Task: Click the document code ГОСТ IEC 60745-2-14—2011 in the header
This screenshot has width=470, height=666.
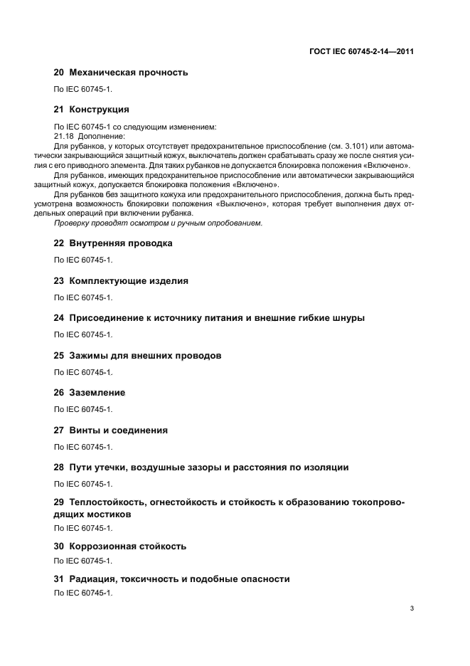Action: tap(362, 52)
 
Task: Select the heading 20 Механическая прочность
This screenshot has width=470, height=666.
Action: tap(121, 72)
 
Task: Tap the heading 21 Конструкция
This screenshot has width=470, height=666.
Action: tap(92, 110)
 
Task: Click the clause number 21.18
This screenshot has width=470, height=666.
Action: tap(65, 136)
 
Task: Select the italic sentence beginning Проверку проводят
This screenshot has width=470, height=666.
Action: tap(159, 223)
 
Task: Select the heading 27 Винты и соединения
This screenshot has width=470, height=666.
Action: tap(111, 430)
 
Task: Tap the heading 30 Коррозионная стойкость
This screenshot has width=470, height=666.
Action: tap(120, 546)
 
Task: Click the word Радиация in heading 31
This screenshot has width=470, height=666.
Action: tap(92, 579)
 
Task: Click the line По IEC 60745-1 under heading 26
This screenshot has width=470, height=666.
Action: tap(83, 409)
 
